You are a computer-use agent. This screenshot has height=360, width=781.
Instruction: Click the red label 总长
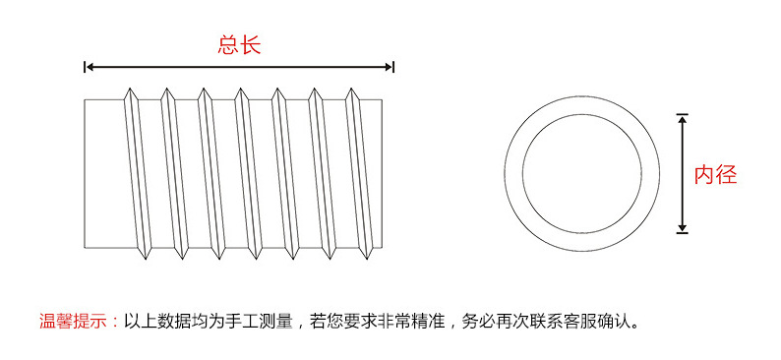click(x=239, y=44)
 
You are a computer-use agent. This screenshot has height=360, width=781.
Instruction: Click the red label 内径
click(x=715, y=175)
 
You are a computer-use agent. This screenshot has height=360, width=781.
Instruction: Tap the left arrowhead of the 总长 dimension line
click(x=88, y=67)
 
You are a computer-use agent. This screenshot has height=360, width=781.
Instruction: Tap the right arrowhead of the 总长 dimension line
click(x=390, y=67)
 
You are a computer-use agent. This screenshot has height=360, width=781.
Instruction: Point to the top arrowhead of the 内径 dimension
click(x=682, y=117)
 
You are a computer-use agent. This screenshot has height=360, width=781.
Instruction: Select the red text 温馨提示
click(x=75, y=321)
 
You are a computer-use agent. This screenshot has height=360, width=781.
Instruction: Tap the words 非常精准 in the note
click(x=413, y=321)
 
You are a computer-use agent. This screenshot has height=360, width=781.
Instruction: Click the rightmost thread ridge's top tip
click(x=350, y=90)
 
